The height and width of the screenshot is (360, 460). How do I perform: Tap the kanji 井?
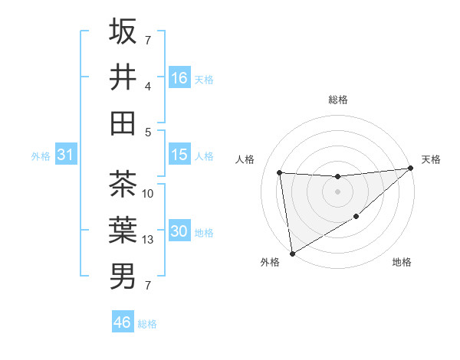(123, 77)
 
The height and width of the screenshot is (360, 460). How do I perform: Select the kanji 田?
(123, 123)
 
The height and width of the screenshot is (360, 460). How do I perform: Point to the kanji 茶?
(123, 185)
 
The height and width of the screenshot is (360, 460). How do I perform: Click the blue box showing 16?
(179, 77)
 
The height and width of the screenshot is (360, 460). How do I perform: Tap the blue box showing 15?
(179, 155)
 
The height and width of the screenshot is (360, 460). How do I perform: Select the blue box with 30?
(179, 231)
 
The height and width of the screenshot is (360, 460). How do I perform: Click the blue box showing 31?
(65, 155)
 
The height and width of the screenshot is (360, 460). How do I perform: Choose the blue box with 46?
(123, 322)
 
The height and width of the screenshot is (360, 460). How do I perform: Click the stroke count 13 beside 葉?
(149, 240)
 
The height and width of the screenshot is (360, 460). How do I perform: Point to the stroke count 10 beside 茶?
(149, 194)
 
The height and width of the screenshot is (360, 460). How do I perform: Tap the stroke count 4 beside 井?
(148, 87)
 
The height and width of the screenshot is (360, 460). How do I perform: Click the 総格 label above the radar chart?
(337, 100)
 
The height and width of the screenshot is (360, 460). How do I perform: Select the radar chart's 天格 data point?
(410, 169)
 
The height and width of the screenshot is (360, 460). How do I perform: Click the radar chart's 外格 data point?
(291, 253)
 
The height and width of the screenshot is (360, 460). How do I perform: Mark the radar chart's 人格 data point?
(280, 172)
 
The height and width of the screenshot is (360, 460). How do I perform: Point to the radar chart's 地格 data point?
(356, 218)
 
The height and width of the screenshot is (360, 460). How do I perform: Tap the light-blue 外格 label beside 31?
(41, 156)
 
